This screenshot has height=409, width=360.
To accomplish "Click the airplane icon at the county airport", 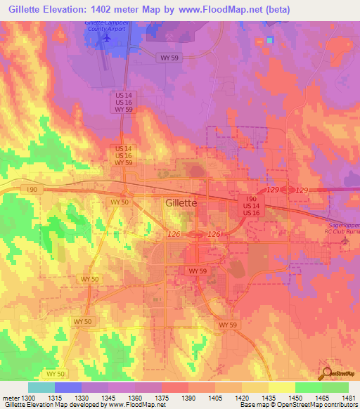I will pyautogui.click(x=106, y=37).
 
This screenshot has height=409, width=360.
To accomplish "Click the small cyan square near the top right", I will pyautogui.click(x=269, y=40).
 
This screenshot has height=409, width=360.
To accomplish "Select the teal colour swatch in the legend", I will pyautogui.click(x=41, y=387).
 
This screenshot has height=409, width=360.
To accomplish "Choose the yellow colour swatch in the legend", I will pyautogui.click(x=282, y=387).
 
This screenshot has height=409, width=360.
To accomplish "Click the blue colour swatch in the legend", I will pyautogui.click(x=68, y=387).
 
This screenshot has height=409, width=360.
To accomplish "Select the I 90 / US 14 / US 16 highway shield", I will pyautogui.click(x=251, y=206).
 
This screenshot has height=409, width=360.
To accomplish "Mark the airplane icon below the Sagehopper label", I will pyautogui.click(x=345, y=242).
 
